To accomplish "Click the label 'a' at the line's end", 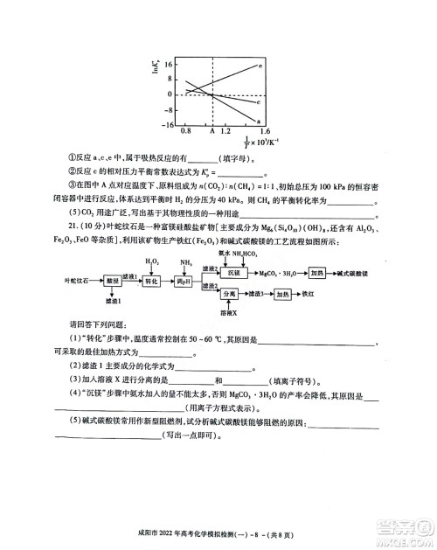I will pyautogui.click(x=258, y=120).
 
